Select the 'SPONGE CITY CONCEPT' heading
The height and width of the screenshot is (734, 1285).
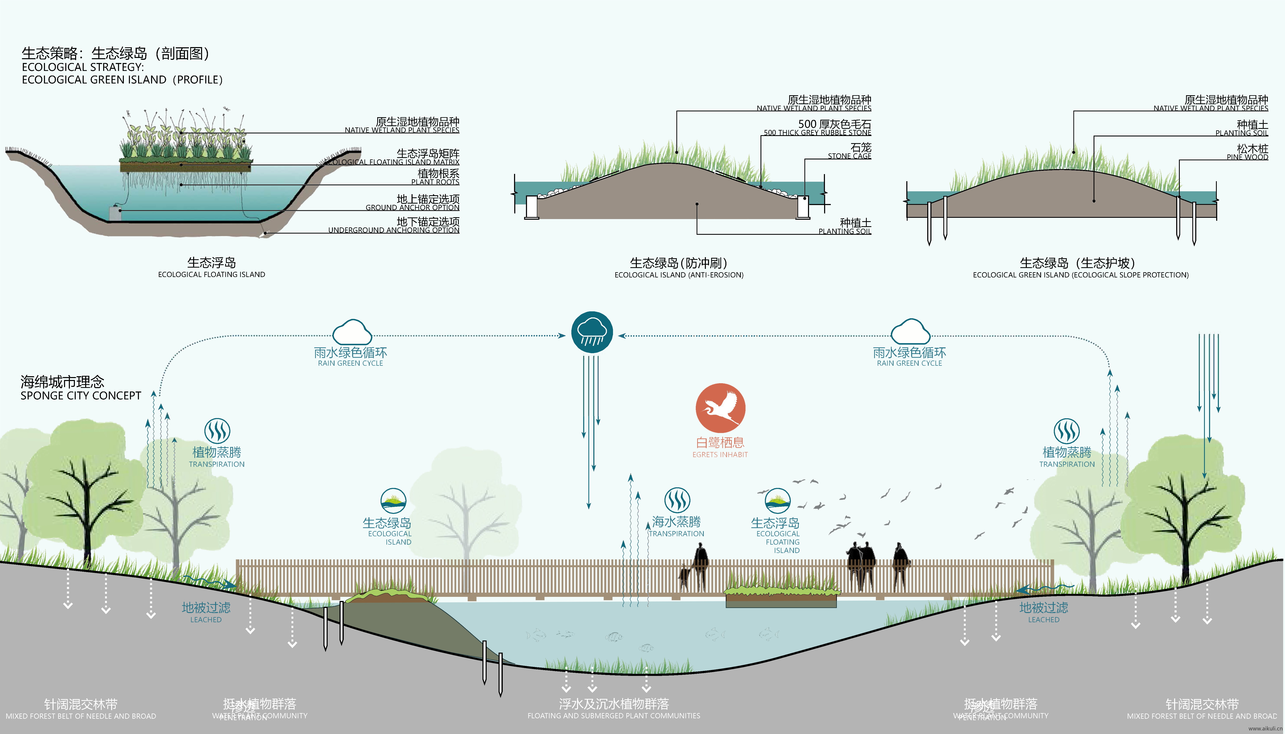pos(81,396)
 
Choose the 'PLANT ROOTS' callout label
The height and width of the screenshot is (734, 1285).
pos(435,182)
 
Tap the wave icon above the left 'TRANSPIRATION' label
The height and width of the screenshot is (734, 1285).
pos(217,431)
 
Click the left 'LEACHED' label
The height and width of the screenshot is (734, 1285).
pos(206,620)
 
